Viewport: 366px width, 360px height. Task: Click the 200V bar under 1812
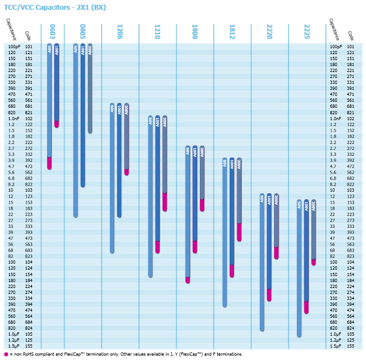coord(239,190)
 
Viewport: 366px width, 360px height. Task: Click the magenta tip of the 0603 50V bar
coord(50,163)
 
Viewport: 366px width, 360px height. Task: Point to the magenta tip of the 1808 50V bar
coord(188,279)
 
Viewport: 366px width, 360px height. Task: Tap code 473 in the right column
coord(350,238)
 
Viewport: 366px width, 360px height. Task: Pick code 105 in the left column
coord(29,333)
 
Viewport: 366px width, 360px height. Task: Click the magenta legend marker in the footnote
coord(6,354)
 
